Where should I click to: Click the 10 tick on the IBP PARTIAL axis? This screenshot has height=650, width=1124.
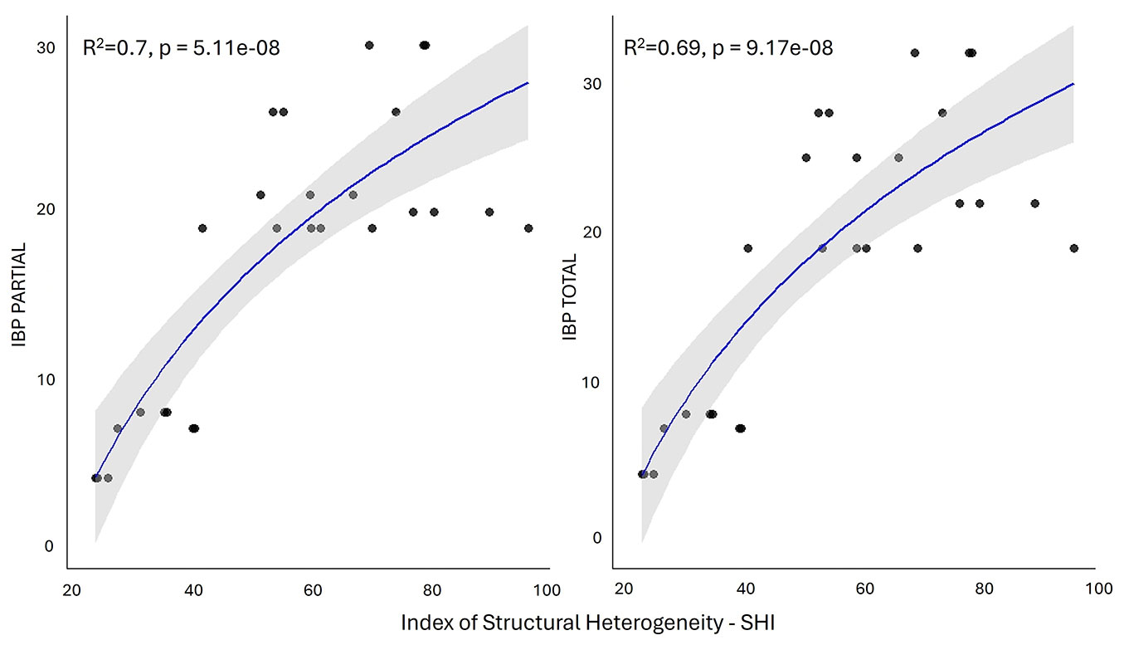coord(46,379)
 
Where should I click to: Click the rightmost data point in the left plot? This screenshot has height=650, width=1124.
coord(528,228)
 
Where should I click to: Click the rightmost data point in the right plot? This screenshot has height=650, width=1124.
coord(1074,248)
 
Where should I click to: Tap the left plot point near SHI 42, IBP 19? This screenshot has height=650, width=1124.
coord(202,228)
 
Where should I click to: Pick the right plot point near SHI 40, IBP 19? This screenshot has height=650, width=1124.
coord(748,248)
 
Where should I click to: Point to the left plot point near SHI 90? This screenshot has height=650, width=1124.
coord(489,212)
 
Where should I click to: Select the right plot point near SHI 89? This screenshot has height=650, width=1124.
coord(1034,203)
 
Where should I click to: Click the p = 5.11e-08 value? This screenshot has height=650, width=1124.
coord(221,48)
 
